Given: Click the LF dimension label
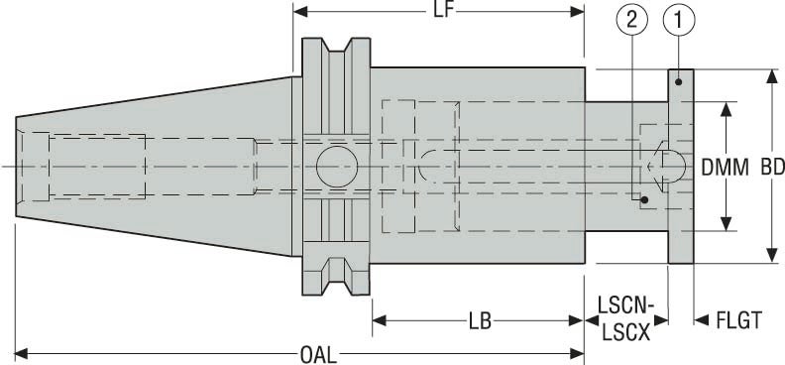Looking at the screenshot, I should click(x=437, y=11).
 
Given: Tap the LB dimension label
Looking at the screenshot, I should click(x=479, y=321).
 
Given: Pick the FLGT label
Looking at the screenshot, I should click(x=738, y=321).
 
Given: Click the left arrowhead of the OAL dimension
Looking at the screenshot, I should click(x=22, y=352).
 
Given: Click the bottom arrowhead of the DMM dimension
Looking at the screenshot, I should click(x=729, y=223).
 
